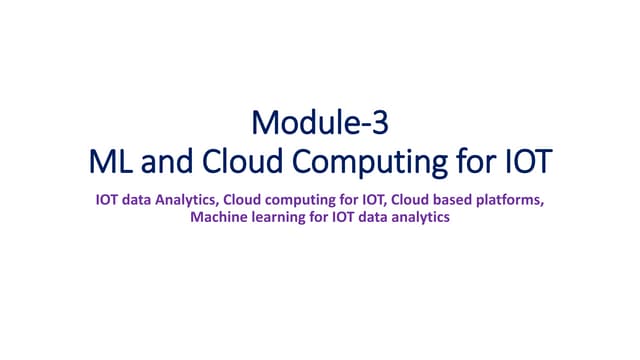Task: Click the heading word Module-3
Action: (x=319, y=124)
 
